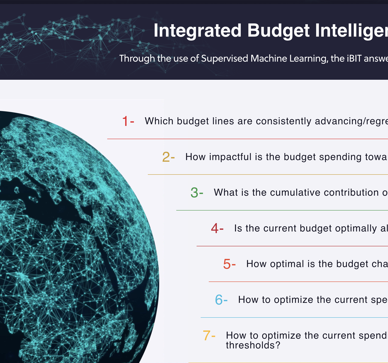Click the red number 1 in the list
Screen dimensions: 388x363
125,121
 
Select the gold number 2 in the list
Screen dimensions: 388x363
166,157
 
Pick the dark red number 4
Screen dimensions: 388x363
215,228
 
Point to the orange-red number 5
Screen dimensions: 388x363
227,264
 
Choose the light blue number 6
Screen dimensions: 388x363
219,300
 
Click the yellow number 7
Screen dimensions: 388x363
206,335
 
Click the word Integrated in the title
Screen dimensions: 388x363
198,30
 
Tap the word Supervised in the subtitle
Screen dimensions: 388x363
225,58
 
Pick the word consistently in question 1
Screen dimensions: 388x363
284,121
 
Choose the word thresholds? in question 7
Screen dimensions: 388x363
253,345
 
